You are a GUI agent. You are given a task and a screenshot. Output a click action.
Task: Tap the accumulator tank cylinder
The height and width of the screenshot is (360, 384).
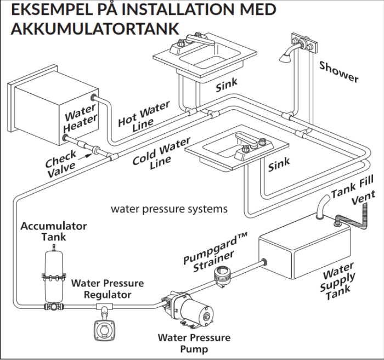(54, 275)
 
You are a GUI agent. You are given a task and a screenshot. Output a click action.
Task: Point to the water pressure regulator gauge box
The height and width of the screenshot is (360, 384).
(105, 330)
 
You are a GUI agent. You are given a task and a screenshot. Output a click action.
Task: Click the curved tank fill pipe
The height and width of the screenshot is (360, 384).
(323, 205)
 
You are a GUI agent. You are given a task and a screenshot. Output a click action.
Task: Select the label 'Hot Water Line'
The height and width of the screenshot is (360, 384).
(144, 117)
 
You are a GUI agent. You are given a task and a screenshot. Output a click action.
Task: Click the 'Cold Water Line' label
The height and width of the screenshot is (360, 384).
(162, 154)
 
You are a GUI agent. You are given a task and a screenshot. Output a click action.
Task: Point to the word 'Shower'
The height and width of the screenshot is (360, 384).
(338, 72)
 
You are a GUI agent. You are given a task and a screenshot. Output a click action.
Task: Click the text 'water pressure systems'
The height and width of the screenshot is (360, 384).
(169, 209)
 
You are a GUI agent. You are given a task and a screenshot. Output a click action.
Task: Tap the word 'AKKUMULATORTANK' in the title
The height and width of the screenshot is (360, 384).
(95, 29)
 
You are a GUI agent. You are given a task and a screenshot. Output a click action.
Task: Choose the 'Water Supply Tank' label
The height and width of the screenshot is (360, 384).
(337, 282)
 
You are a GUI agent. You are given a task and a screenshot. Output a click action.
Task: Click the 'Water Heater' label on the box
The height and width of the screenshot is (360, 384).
(81, 118)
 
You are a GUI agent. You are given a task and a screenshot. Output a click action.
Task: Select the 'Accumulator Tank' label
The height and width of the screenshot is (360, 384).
(54, 232)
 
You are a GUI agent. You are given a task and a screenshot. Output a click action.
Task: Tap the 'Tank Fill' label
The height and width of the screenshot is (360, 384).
(353, 186)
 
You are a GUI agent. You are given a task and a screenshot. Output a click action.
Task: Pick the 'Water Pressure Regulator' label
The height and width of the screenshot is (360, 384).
(108, 289)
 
